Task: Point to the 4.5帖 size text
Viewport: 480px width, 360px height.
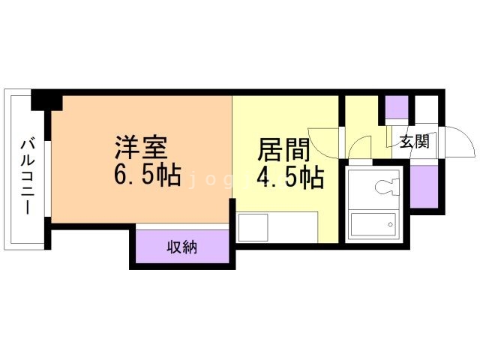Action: coord(290,178)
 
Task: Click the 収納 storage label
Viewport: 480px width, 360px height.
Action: coord(181,246)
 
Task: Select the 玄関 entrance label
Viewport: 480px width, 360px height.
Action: coord(413,142)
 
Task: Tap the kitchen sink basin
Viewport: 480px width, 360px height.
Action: coord(253,227)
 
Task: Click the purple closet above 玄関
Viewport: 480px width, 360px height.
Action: coord(396,109)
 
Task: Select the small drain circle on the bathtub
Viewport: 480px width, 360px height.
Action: coord(390,221)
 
